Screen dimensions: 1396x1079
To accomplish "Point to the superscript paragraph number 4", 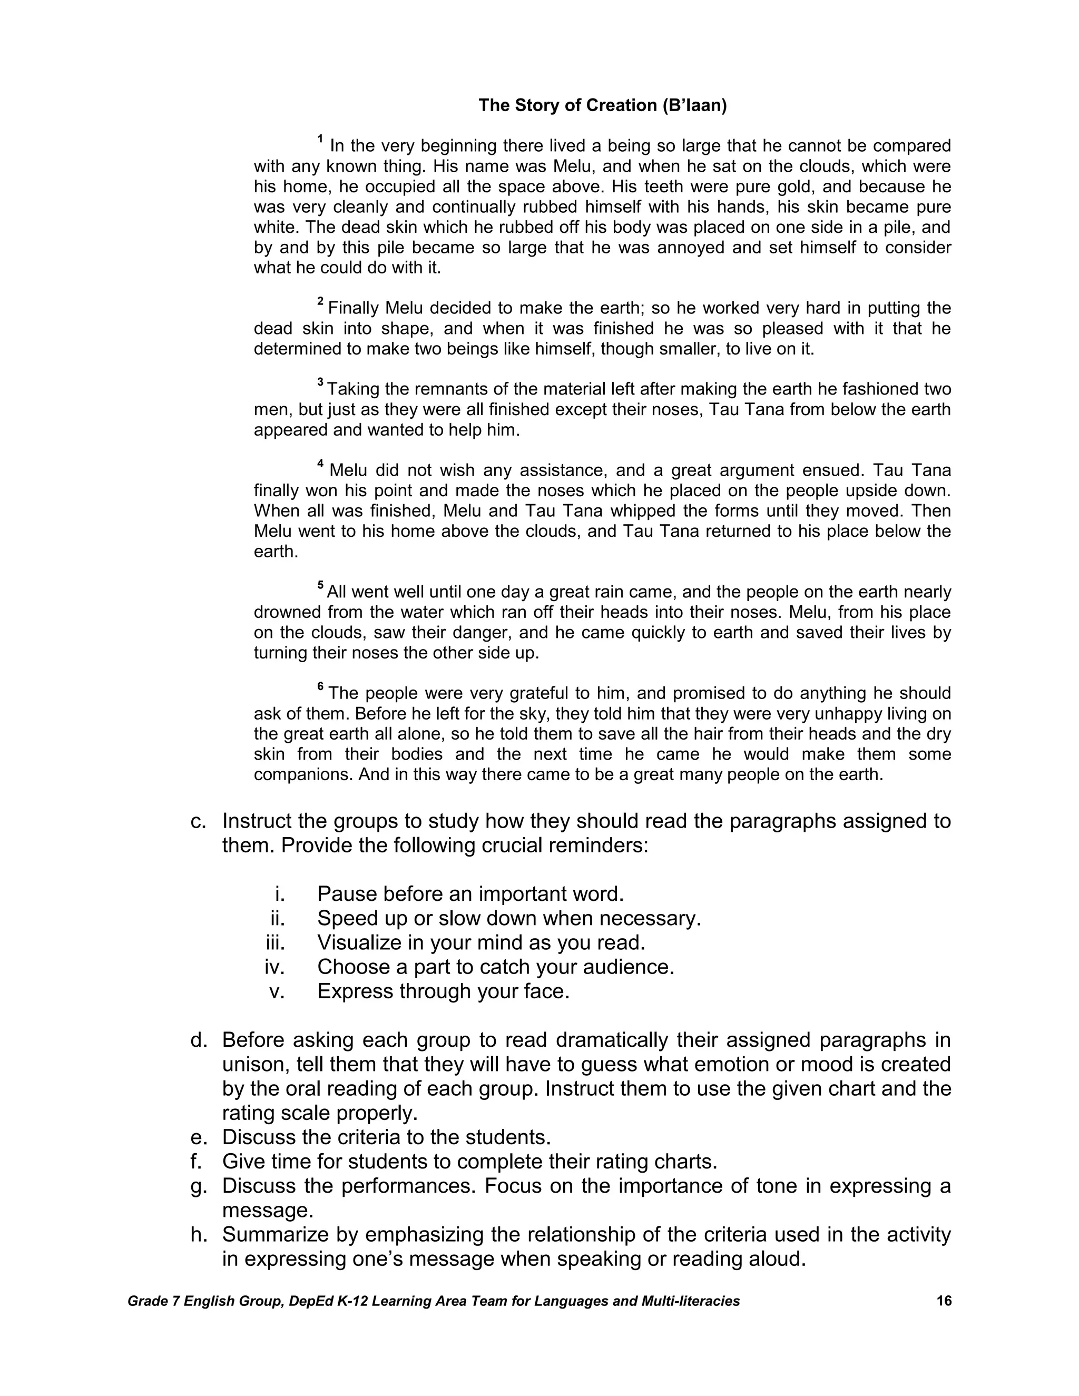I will (x=320, y=464).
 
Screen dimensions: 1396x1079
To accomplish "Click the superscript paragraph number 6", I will (x=320, y=686).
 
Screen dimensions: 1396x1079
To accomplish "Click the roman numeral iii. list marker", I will (x=275, y=942).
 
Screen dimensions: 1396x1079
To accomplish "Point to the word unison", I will (x=254, y=1064).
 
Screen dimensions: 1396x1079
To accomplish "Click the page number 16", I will (x=944, y=1301).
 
